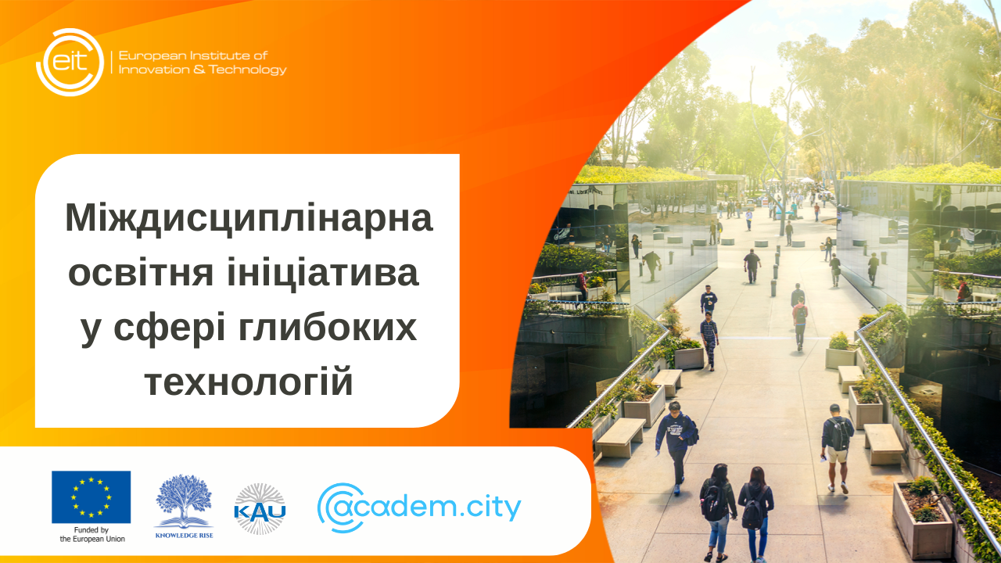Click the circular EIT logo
(70, 62)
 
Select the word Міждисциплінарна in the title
(249, 217)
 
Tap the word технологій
(249, 383)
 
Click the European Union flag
(91, 497)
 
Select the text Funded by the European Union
(91, 535)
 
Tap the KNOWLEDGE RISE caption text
(184, 536)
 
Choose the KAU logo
(260, 509)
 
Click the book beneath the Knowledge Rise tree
(184, 520)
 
